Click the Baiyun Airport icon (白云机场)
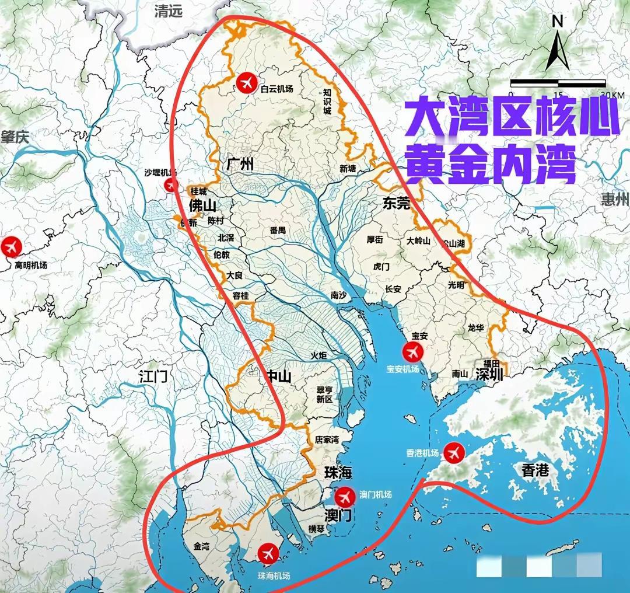pos(246,83)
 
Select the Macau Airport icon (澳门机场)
pos(345,496)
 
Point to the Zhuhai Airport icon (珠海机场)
pos(268,552)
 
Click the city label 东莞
pos(397,204)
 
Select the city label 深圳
pos(489,374)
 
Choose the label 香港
pos(535,470)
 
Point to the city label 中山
pos(278,376)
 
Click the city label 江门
pos(153,376)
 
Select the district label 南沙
pos(338,295)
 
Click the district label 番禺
pos(278,230)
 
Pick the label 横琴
pos(316,529)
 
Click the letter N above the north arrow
pos(557,22)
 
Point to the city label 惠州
pos(615,200)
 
